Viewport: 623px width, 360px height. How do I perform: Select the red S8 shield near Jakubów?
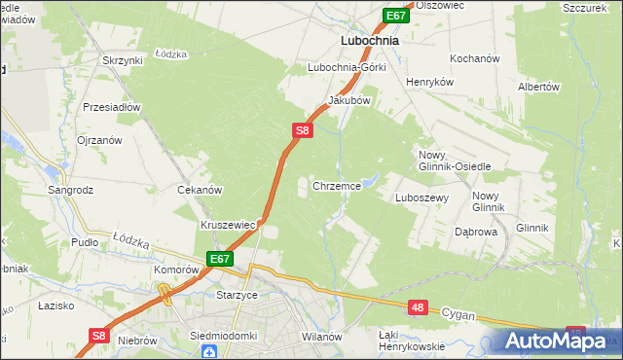coord(303,129)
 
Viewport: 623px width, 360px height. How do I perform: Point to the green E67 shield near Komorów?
coord(219,259)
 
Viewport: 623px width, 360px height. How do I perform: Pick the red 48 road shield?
coord(418,307)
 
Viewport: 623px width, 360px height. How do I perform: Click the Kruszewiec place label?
coord(228,225)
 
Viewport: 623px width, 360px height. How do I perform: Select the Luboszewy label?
coord(421,197)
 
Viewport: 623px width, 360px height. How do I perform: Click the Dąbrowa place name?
coord(476,233)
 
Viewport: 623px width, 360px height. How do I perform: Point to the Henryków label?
coord(430,83)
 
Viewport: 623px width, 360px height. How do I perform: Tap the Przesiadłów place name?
coord(113,107)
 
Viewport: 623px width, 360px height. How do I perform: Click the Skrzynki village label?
coord(122,60)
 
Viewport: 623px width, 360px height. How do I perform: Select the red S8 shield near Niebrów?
coord(97,335)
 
